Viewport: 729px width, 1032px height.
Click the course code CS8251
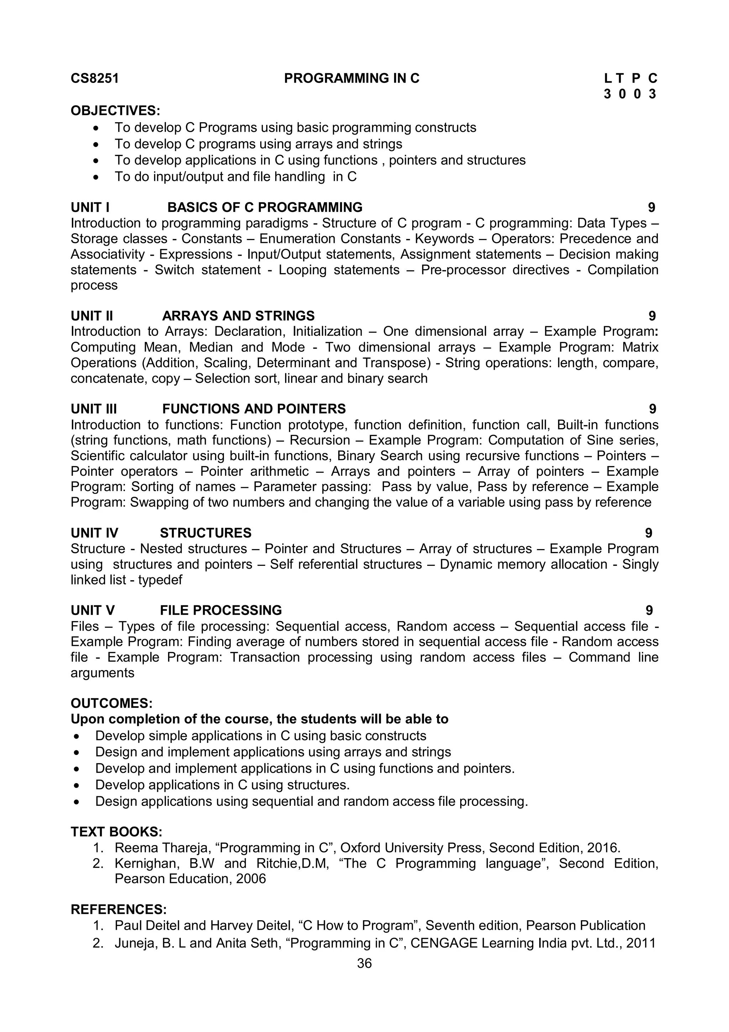click(95, 79)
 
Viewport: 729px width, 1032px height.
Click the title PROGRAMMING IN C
click(352, 79)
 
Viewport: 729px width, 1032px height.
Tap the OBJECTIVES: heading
click(115, 110)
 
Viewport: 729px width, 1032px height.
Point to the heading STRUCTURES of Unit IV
click(206, 533)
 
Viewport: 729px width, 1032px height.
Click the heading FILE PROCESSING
click(221, 610)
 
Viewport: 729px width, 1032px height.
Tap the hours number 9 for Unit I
click(651, 207)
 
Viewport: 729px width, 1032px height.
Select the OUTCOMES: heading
click(111, 703)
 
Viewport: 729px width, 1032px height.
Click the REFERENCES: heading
click(119, 909)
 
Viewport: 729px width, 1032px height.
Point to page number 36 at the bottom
click(364, 963)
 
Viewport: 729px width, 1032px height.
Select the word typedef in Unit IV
click(160, 580)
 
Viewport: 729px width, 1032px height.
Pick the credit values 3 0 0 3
click(630, 94)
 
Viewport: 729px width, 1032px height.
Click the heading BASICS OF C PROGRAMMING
click(264, 207)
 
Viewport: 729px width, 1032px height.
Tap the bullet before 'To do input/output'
click(96, 177)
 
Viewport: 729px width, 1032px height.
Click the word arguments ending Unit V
click(103, 673)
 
